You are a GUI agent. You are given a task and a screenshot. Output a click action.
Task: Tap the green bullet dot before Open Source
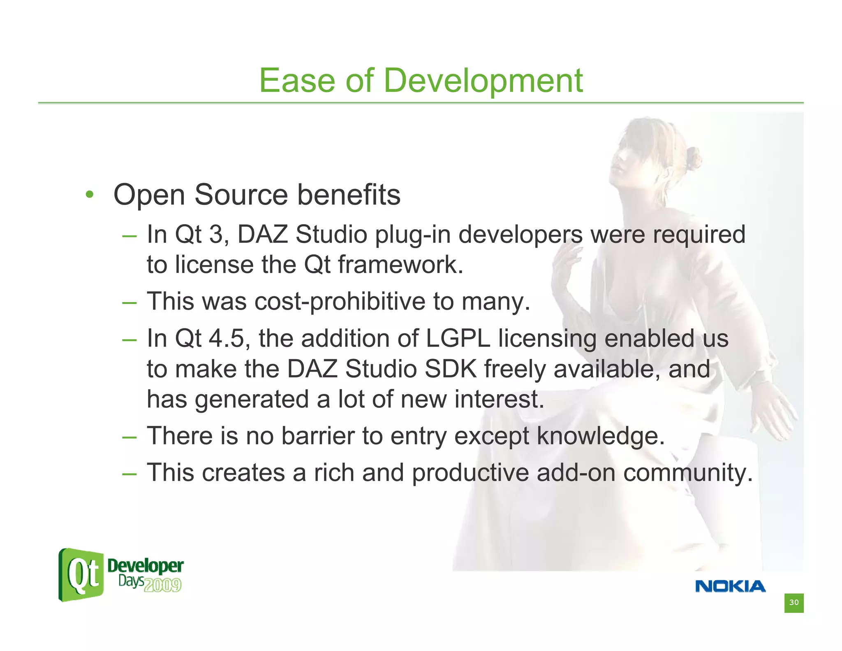(x=90, y=195)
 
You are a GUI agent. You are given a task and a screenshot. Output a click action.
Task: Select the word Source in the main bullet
(x=241, y=195)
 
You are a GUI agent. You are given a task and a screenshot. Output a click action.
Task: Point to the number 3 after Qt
(x=216, y=235)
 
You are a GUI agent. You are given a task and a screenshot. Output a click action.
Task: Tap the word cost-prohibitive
(x=340, y=302)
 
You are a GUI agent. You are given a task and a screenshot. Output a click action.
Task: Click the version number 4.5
(x=227, y=339)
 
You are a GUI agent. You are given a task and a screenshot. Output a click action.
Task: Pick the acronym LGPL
(x=458, y=339)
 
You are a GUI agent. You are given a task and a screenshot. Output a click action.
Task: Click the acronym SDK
(x=450, y=369)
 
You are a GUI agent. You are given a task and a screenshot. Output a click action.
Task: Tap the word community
(x=687, y=473)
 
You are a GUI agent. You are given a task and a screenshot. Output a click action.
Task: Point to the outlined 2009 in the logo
(x=163, y=585)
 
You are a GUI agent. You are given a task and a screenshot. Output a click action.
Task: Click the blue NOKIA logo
(x=730, y=586)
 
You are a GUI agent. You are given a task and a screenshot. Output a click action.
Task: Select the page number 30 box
(x=793, y=603)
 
